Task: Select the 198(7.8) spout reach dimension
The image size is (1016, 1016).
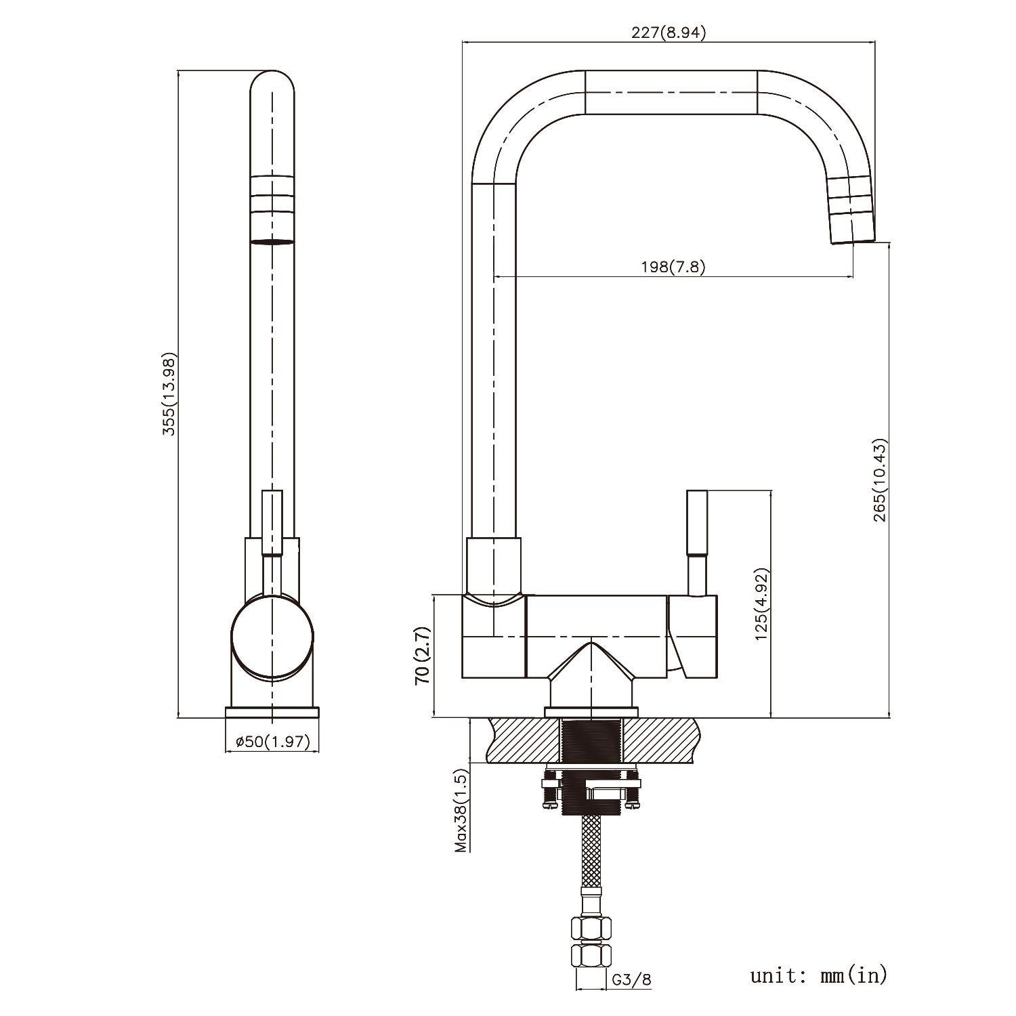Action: (673, 267)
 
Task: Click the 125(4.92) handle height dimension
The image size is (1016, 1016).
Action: (761, 604)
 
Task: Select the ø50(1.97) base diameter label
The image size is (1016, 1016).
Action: (272, 742)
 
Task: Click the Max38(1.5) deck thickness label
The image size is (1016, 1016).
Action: (461, 810)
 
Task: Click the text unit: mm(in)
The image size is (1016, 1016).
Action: (818, 975)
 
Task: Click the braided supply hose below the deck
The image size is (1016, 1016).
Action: (591, 853)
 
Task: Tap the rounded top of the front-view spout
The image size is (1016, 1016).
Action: (272, 85)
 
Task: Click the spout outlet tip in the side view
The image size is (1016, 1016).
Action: (852, 234)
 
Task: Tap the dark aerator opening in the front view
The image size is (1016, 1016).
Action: (272, 240)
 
